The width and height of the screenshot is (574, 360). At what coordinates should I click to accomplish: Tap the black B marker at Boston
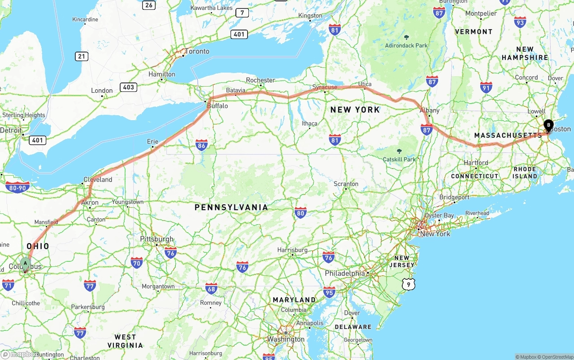pos(548,126)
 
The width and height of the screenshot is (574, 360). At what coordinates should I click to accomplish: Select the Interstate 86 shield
pos(201,145)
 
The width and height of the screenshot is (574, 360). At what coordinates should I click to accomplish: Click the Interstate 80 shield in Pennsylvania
pos(300,213)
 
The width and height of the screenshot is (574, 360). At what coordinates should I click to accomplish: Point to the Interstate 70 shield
pos(137,262)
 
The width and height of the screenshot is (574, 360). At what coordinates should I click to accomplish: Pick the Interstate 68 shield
pos(211,288)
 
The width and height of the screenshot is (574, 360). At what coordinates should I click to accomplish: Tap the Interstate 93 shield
pos(520,22)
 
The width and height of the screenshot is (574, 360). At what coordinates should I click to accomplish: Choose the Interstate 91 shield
pos(486,87)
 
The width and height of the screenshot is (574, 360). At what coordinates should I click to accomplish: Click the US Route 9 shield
pos(408,284)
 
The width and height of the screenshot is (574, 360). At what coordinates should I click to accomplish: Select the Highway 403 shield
pos(128,87)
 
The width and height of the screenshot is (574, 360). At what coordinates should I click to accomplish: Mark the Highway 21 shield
pos(82,56)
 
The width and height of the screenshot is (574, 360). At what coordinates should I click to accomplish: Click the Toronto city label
pos(197,52)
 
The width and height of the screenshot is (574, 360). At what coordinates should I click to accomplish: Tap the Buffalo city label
pos(217,106)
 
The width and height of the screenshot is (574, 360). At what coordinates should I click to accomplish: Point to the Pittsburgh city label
pos(157,239)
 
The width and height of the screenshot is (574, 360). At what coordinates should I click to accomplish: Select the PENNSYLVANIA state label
pos(231,208)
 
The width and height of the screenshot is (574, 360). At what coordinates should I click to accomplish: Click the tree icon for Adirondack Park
pos(407,37)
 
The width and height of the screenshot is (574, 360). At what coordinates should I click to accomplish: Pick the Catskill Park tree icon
pos(400,151)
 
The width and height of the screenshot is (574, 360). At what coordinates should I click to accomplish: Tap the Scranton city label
pos(346,184)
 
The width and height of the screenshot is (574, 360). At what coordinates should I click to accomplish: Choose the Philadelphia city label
pos(344,273)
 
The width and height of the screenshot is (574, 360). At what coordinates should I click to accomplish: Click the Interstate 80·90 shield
pos(18,187)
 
